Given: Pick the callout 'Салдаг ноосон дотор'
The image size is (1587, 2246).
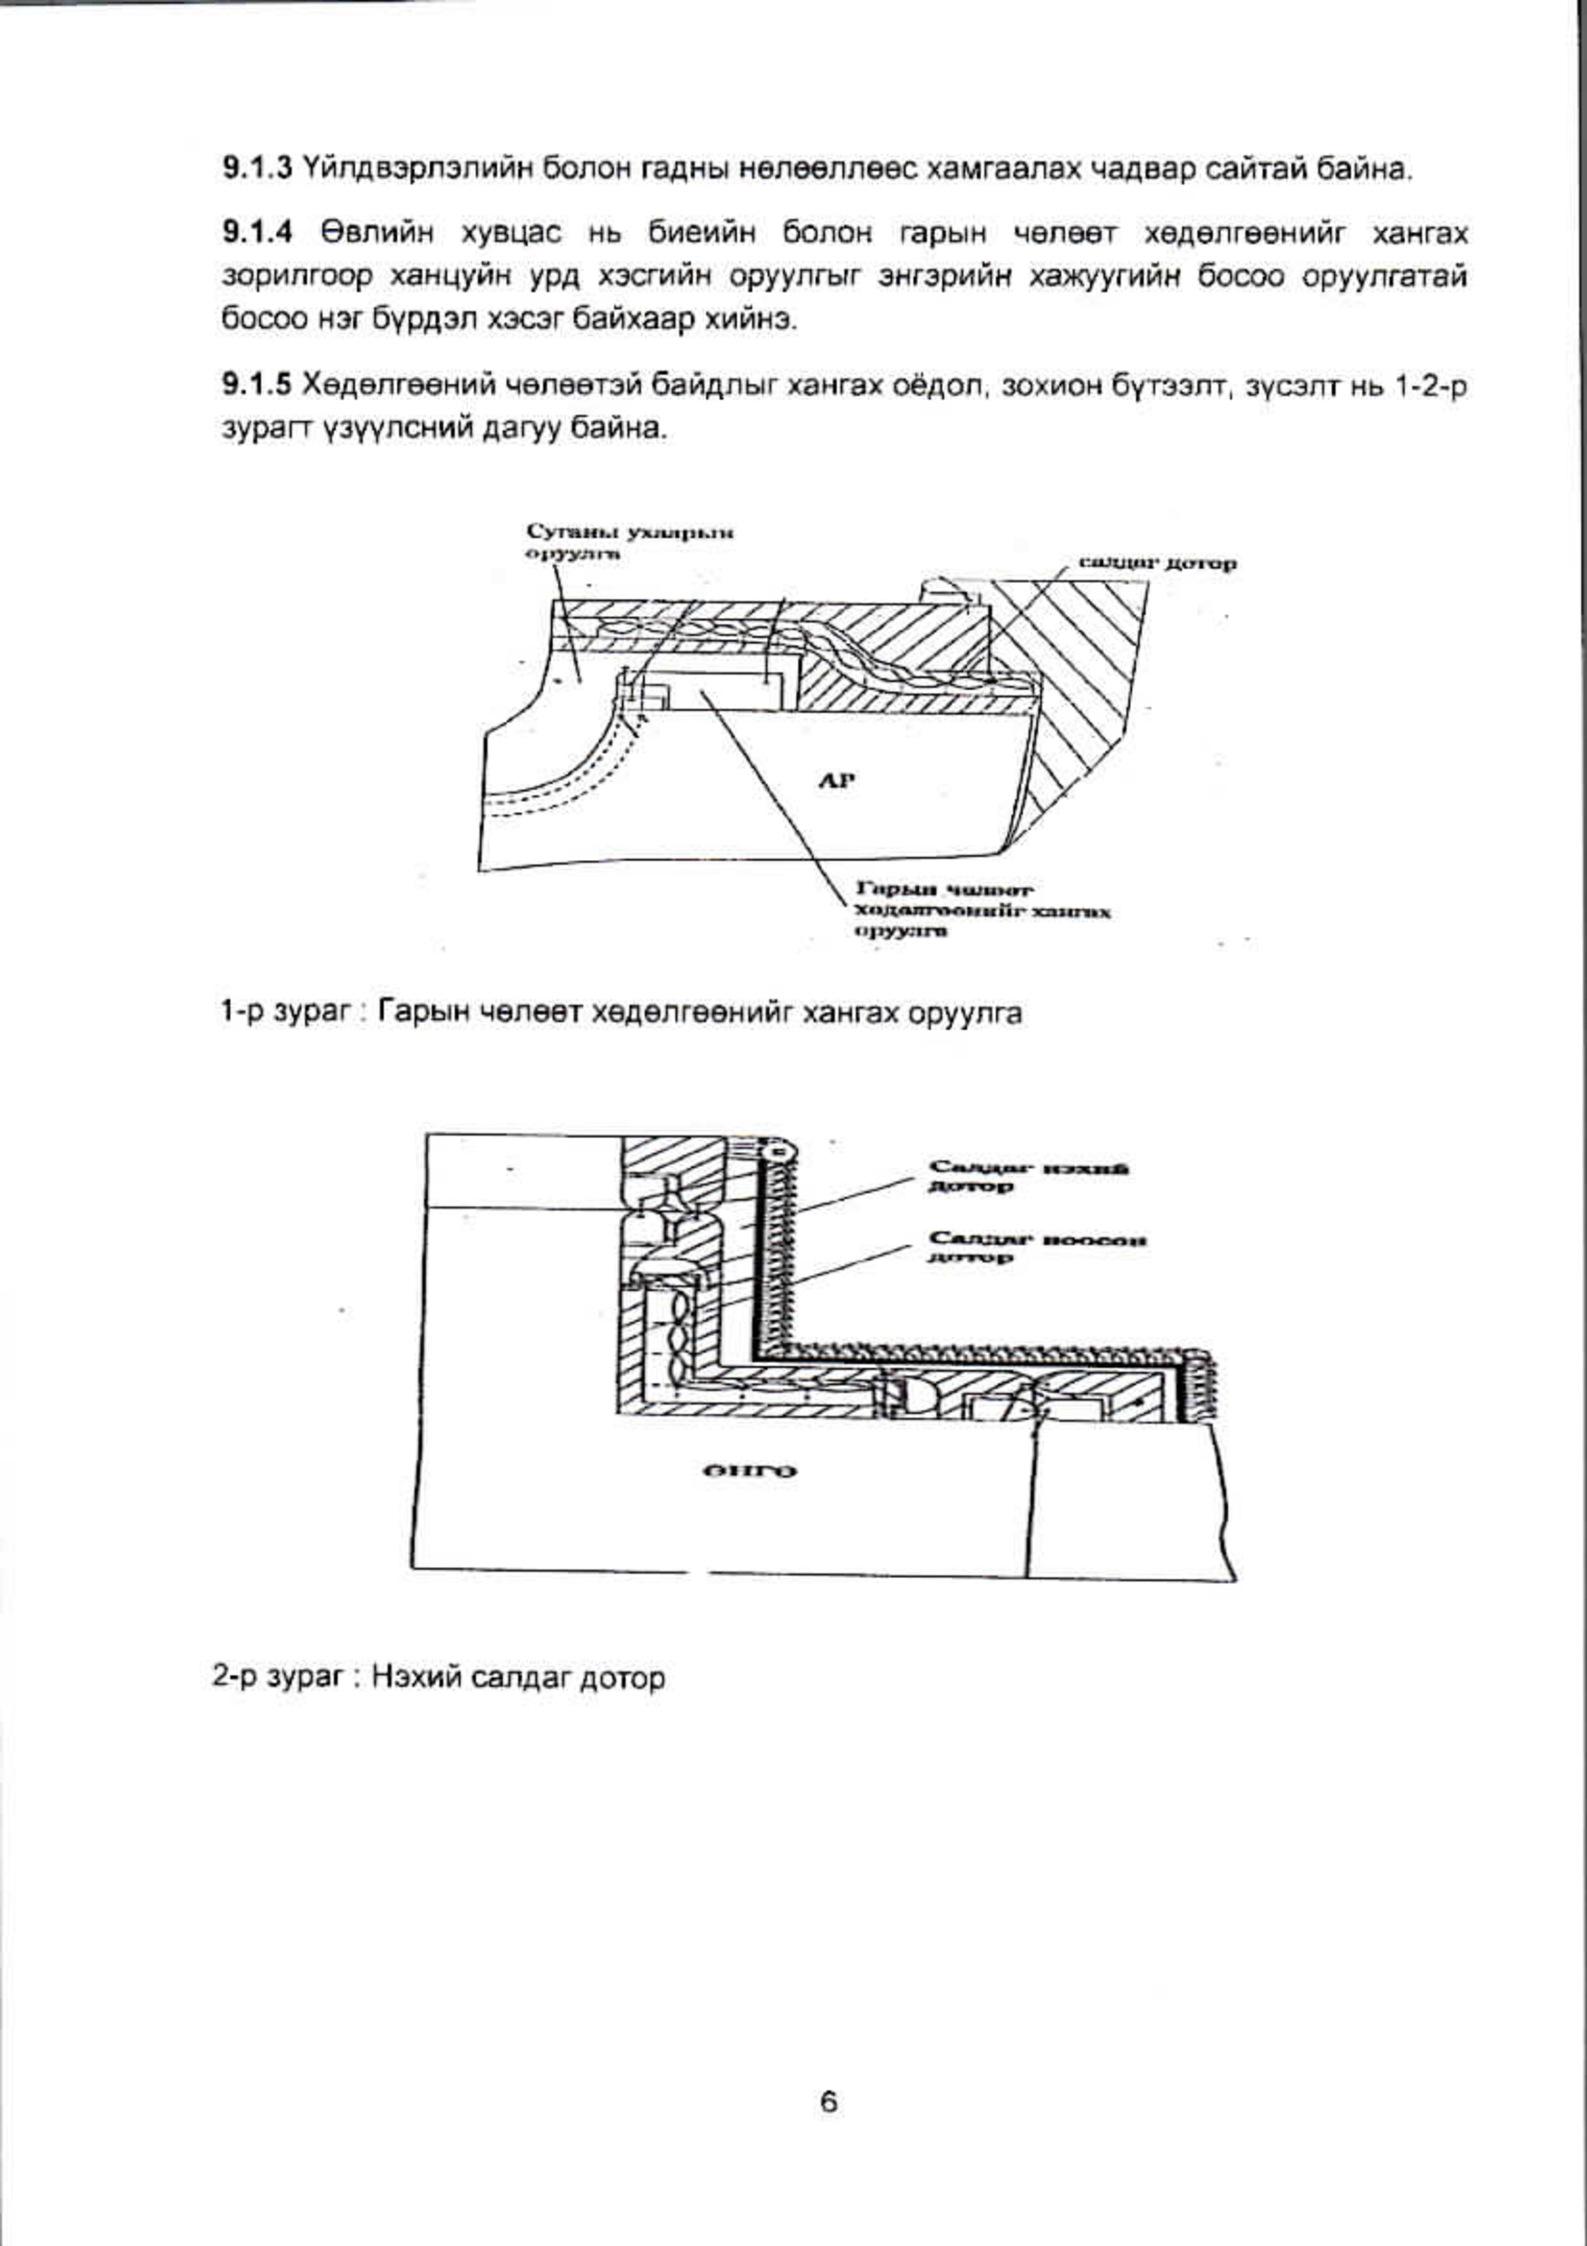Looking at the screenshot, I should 1036,1249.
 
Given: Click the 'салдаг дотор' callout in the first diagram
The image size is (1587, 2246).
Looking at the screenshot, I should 1157,563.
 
